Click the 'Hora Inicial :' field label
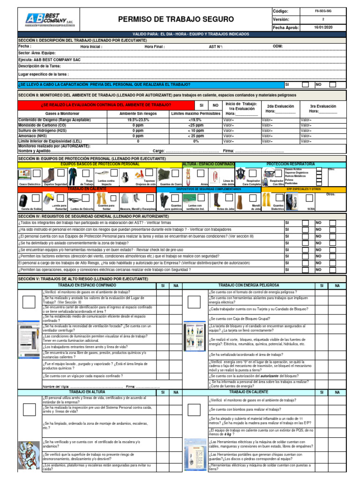point(91,47)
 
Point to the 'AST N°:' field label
point(216,47)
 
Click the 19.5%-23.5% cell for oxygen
point(138,120)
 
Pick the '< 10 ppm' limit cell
point(196,130)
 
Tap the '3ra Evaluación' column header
point(323,106)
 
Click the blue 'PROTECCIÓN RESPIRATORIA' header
point(291,164)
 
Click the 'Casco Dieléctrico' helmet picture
point(25,175)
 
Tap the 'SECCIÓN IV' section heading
point(93,216)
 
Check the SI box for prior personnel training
point(305,84)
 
